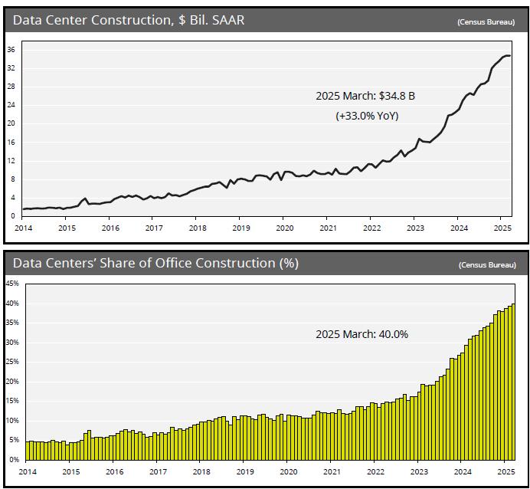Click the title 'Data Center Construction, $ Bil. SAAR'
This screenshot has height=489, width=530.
[x=128, y=21]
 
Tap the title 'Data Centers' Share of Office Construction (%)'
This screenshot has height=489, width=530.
[x=155, y=264]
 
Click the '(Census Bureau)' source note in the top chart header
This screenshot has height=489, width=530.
[x=486, y=22]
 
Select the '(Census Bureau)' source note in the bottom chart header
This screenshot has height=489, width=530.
[x=486, y=265]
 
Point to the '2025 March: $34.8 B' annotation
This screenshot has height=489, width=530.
[x=365, y=97]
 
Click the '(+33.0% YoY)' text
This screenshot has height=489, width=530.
[x=366, y=116]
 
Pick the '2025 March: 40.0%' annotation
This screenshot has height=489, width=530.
[x=362, y=334]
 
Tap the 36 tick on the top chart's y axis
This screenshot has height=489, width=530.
[x=11, y=50]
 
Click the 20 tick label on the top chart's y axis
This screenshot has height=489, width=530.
[x=11, y=123]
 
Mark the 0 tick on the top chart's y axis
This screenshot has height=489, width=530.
[x=14, y=216]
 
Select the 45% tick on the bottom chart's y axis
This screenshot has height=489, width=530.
[x=12, y=284]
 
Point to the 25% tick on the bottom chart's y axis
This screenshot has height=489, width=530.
[x=12, y=362]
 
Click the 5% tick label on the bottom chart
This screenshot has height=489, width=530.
[x=14, y=440]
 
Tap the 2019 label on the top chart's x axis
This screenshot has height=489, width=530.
[x=240, y=228]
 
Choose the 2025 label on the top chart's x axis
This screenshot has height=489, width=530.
[x=502, y=228]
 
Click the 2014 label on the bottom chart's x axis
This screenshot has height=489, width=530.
[x=27, y=472]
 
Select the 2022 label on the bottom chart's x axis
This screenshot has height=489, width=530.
[x=375, y=472]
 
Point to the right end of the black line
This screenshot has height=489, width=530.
[x=510, y=56]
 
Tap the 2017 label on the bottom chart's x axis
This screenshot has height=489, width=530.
[x=158, y=472]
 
